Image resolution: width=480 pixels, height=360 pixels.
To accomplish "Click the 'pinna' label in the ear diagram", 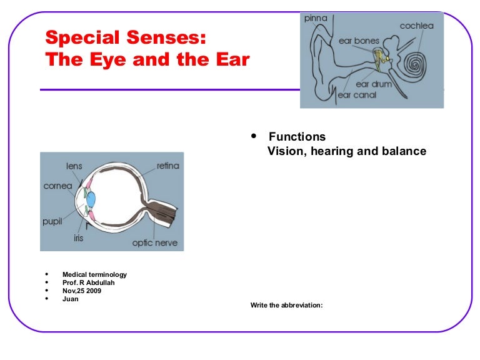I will point(316,18).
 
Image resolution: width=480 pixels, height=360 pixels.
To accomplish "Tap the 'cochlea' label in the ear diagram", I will point(417,26).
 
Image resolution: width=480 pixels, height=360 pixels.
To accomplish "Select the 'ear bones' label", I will point(359,41).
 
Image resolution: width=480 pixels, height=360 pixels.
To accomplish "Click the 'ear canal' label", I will point(357,95).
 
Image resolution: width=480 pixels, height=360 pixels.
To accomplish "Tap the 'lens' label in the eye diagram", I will point(74,166).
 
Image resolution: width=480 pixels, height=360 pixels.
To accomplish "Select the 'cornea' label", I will point(57,186).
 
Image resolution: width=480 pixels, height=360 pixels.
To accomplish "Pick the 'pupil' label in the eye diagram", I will point(52,221).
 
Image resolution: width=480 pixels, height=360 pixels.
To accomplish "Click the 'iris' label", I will point(78,237).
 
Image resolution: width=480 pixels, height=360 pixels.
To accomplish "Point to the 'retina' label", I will point(167,166).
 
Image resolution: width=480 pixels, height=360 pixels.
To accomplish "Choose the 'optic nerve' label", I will point(154,242).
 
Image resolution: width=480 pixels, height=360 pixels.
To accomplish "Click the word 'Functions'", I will point(297,136).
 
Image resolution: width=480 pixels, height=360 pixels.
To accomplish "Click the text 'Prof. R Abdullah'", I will point(88,282).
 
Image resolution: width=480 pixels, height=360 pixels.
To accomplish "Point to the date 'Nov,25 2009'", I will point(81,291).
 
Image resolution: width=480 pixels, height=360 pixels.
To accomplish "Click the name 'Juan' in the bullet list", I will point(71,299).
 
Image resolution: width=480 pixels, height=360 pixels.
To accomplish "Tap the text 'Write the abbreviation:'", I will point(286,306).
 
